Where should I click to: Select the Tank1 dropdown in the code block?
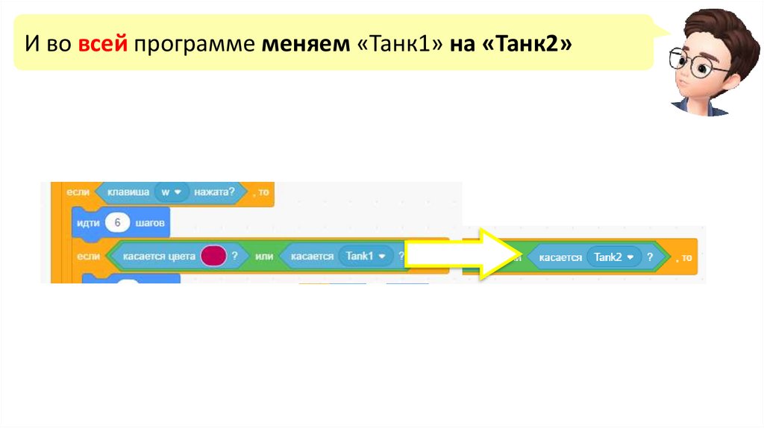pos(365,256)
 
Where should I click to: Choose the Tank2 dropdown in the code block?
pos(614,257)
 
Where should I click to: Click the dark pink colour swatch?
pos(213,256)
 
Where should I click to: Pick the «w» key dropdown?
pos(171,192)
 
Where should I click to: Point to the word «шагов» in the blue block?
pos(151,222)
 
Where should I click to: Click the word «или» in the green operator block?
pos(264,257)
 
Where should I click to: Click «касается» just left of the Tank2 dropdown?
pos(558,257)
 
